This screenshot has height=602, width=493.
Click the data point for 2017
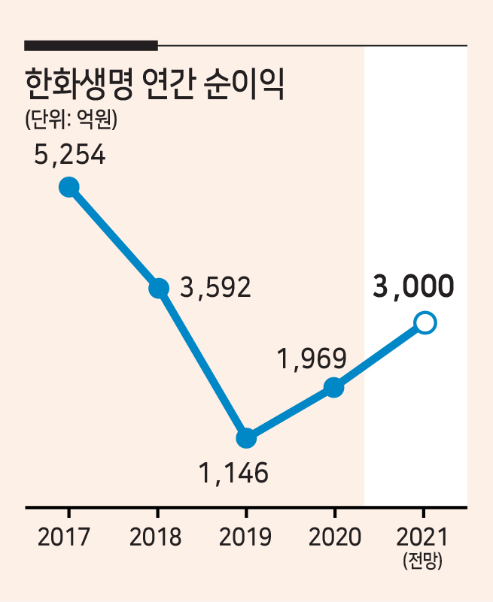pos(69,187)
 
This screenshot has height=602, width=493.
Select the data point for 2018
pos(158,288)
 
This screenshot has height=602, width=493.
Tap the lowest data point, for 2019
pos(246,438)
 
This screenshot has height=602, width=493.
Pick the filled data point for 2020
pos(333,387)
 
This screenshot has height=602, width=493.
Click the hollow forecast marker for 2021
pos(425,323)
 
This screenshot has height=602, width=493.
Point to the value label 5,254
pos(69,154)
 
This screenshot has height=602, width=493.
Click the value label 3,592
pos(215,287)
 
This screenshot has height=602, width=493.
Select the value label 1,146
pos(233,473)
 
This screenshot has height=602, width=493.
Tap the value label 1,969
pos(312,358)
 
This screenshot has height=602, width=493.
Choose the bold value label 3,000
pos(413,286)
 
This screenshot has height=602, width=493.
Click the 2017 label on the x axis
pos(63,537)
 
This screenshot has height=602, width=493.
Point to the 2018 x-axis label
pos(155,537)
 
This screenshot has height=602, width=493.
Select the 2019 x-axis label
pos(245,537)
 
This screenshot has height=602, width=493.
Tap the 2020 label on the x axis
pos(335,537)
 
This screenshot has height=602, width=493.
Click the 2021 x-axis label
pos(421,537)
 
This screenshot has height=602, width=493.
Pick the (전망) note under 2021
pos(423,561)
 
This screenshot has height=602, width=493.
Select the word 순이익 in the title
pos(245,84)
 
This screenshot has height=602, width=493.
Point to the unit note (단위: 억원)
pos(72,119)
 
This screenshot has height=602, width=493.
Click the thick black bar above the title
pos(91,45)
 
